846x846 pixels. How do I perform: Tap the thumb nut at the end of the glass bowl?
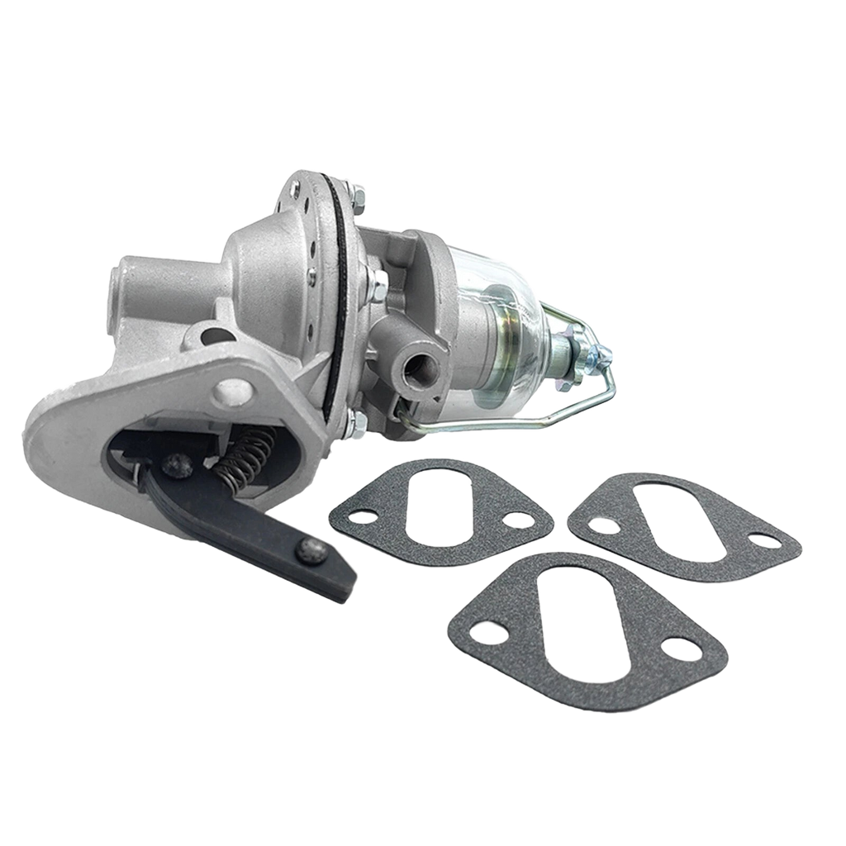pyautogui.click(x=596, y=358)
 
